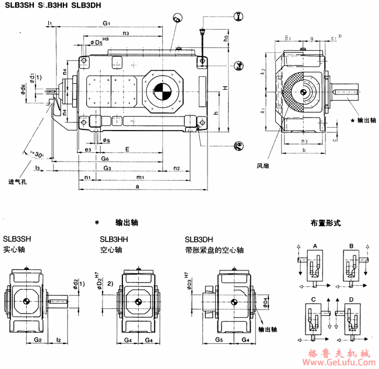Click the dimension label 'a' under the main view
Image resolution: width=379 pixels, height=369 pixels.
coord(136,187)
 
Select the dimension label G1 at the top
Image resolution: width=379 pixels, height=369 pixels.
coord(107,23)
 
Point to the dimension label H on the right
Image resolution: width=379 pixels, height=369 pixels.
coord(224,88)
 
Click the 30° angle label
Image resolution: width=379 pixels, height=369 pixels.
coord(38,156)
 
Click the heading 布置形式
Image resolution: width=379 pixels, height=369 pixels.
coord(326,223)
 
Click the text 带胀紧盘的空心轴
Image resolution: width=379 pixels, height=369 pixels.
coord(213,250)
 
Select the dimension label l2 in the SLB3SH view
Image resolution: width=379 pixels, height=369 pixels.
coord(58,339)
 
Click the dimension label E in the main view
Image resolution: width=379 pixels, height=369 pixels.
coord(127,150)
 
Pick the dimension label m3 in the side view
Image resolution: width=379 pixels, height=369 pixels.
coord(303,142)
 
